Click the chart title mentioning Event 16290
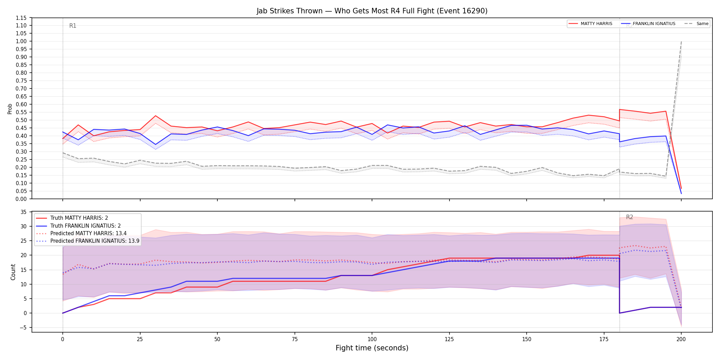pos(372,11)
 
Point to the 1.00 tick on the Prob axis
pos(21,41)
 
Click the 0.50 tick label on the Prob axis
pos(21,120)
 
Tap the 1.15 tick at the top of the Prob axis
pos(21,18)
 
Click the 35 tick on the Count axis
pos(24,212)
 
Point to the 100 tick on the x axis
pos(372,339)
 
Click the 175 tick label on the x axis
pos(604,339)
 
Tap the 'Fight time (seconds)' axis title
pos(372,348)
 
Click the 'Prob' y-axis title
pos(10,109)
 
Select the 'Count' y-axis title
pos(13,272)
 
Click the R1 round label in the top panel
pos(73,26)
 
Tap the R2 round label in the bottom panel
pos(629,217)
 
